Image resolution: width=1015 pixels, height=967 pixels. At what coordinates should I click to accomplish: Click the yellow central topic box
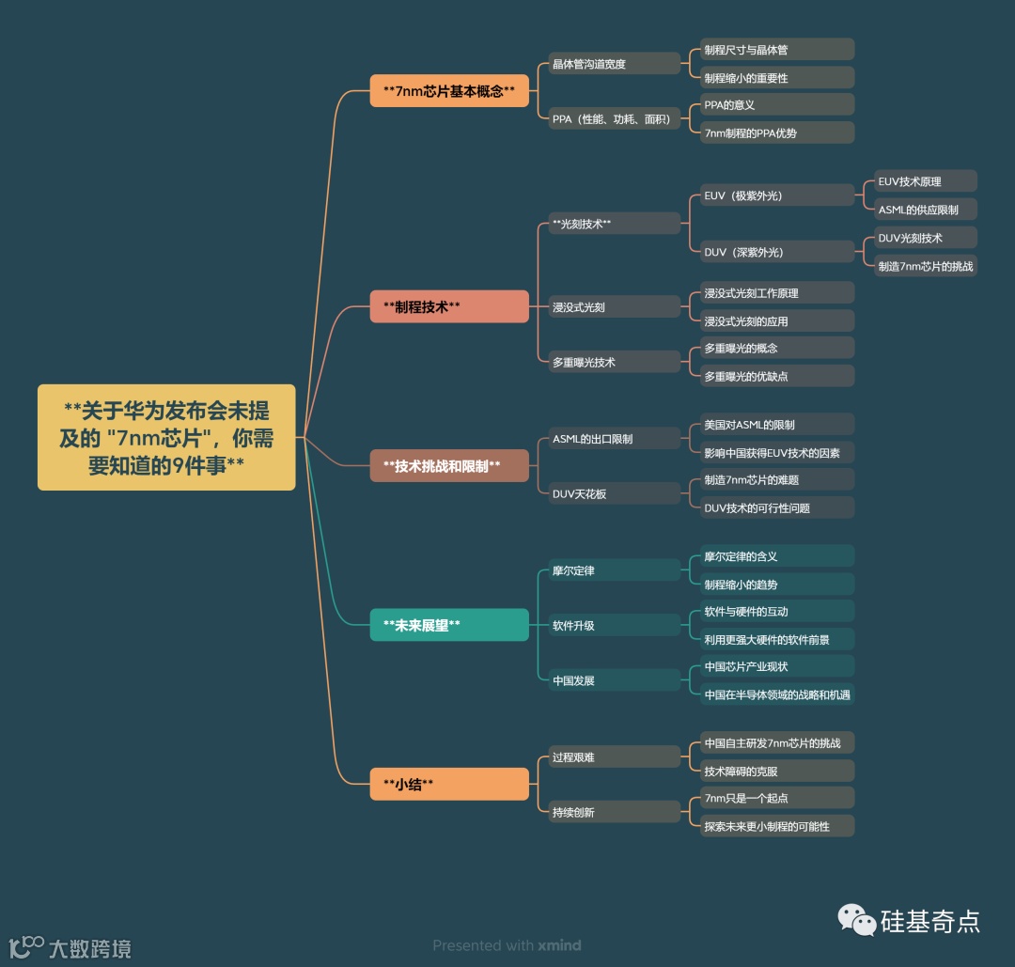[166, 437]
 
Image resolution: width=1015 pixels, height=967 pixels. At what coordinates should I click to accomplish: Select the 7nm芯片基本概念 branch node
[449, 91]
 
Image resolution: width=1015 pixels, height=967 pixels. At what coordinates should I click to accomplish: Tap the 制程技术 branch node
[449, 306]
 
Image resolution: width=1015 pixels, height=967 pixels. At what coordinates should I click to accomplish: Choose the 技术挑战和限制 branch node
[449, 465]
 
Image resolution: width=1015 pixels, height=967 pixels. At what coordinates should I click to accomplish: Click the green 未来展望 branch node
[449, 625]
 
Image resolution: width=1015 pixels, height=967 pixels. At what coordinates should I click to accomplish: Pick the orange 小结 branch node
[449, 784]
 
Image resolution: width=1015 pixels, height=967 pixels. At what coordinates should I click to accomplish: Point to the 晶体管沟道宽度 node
[614, 64]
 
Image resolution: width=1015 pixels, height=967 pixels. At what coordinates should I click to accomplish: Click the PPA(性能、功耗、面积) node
[614, 119]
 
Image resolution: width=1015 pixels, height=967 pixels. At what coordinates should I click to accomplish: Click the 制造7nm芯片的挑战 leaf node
[925, 266]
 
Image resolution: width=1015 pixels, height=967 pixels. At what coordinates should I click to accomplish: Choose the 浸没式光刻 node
[614, 307]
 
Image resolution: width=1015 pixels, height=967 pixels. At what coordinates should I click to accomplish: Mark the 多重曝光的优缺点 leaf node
[776, 376]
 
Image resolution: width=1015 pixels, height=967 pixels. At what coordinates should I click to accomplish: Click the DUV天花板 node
[614, 493]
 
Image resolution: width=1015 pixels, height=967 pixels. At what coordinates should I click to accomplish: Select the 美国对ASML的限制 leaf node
[776, 425]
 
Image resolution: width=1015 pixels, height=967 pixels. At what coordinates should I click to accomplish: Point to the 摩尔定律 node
[614, 570]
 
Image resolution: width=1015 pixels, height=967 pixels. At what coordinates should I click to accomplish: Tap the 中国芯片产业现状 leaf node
[776, 667]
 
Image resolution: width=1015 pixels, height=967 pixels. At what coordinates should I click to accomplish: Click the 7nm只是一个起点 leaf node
[776, 798]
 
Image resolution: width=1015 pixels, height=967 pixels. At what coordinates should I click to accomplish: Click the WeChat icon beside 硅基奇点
[856, 920]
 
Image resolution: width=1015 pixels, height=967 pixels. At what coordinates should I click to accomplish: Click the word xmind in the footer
[559, 945]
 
